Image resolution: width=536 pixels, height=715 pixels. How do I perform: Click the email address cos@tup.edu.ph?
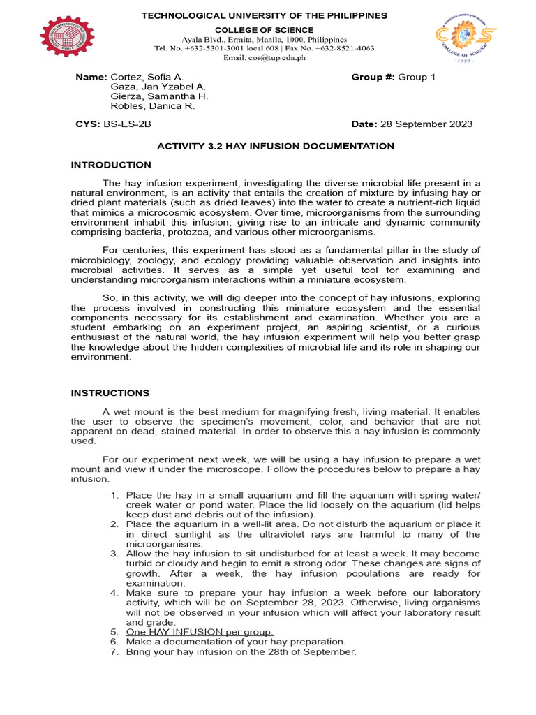coord(265,58)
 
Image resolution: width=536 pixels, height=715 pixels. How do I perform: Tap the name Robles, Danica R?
coord(153,106)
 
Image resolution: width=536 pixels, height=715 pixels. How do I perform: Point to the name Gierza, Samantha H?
coord(159,96)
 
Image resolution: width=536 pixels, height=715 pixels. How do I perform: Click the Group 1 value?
coord(416,77)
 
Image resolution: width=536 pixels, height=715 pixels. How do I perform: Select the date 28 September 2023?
coord(426,124)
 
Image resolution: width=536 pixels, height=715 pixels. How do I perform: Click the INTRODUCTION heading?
coord(110,165)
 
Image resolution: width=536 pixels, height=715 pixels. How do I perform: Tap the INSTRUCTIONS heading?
coord(110,393)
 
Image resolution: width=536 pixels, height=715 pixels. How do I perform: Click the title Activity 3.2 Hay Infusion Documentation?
coord(276,146)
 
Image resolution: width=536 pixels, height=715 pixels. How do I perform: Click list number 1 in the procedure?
coord(115,495)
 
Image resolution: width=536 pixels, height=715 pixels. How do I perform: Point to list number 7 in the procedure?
coord(115,651)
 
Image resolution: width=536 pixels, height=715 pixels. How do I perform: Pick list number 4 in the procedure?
coord(115,593)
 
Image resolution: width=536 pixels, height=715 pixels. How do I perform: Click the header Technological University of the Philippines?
coord(265,16)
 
